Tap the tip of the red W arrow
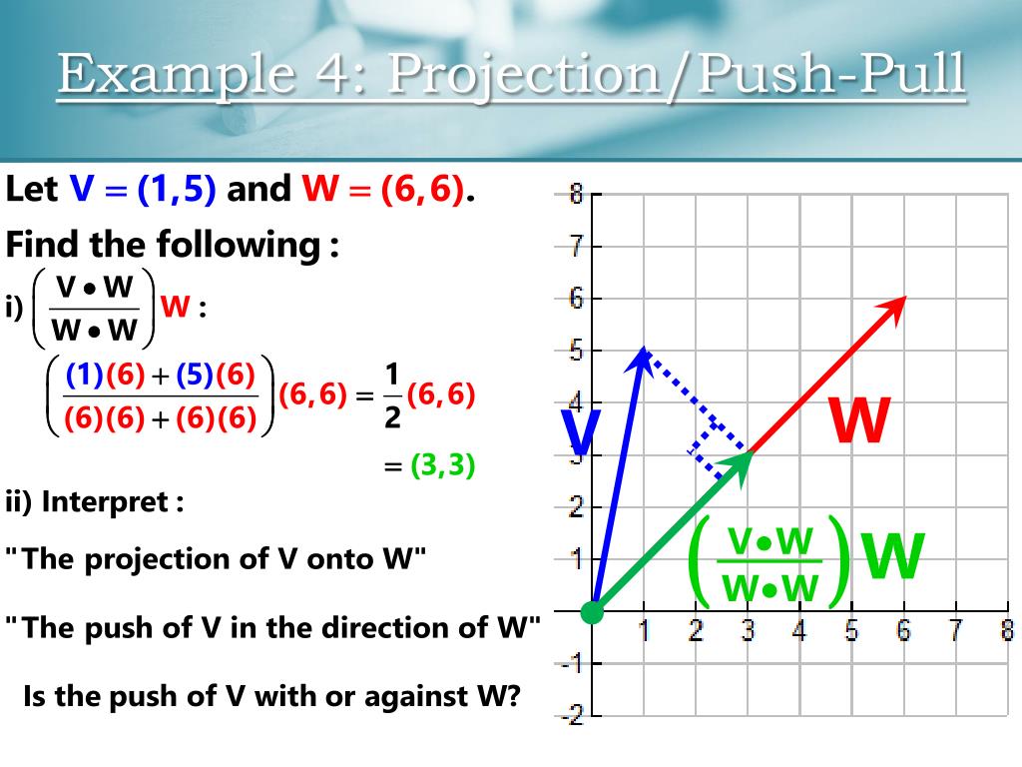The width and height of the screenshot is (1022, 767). tap(903, 299)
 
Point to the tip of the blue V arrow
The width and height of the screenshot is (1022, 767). tap(644, 350)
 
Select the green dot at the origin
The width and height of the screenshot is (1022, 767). tap(593, 611)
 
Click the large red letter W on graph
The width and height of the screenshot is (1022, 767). tap(859, 421)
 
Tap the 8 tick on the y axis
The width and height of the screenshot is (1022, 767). tap(577, 194)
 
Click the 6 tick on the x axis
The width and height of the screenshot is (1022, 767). tap(904, 631)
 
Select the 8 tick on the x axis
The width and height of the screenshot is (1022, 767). tap(1007, 631)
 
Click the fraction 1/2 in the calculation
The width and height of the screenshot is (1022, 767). tap(391, 396)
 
